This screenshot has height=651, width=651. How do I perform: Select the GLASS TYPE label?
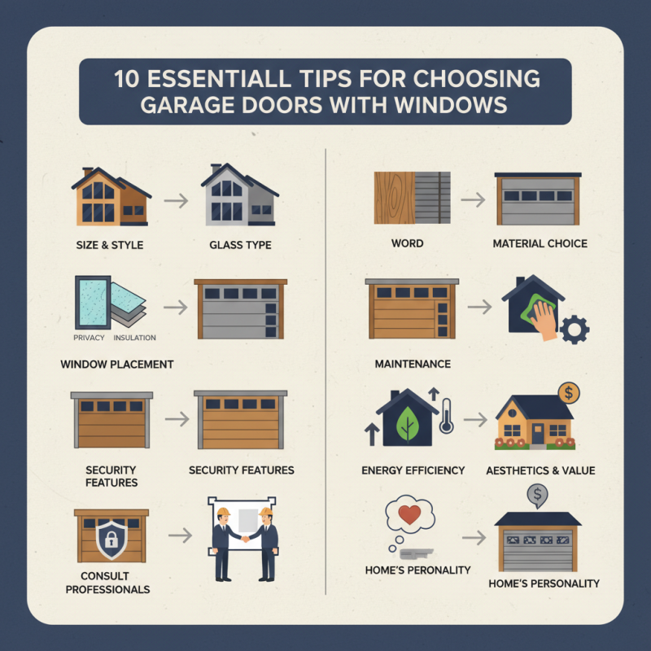click(241, 244)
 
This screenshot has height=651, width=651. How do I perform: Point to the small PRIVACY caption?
click(89, 338)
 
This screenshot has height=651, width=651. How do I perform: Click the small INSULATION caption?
click(133, 338)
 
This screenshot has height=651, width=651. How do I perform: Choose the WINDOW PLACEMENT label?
click(117, 364)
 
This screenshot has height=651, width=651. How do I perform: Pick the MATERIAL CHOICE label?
click(540, 243)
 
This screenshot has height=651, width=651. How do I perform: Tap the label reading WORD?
click(406, 243)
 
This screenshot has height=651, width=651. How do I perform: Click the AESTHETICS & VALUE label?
click(540, 470)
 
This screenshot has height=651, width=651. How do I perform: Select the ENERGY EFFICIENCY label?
click(413, 470)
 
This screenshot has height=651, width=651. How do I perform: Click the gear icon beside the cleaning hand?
click(575, 328)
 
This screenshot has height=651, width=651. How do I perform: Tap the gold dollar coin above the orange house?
click(569, 393)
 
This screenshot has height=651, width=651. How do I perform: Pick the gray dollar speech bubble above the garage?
click(535, 493)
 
